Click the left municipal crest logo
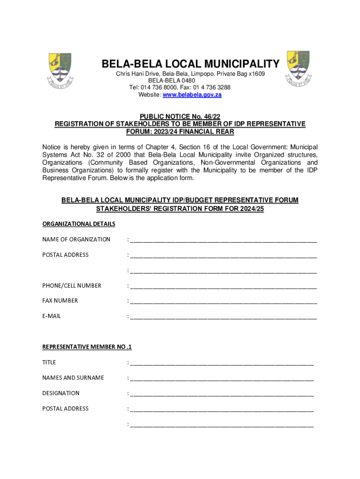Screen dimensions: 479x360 point(60,70)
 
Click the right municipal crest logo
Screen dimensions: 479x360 point(298,68)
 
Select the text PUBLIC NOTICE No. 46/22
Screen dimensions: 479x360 point(180,116)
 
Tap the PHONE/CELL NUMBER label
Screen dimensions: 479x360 point(72,285)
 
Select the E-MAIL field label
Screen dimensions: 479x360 point(51,316)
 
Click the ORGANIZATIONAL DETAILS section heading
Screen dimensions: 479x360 point(79,224)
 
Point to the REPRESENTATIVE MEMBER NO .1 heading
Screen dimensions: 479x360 point(87,347)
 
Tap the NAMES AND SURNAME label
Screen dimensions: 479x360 point(73,377)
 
